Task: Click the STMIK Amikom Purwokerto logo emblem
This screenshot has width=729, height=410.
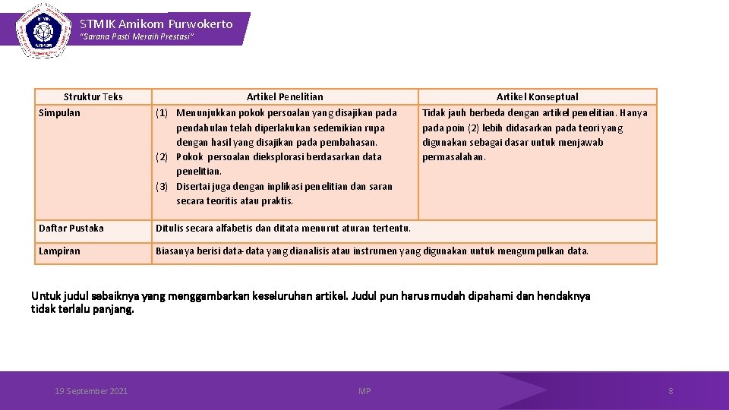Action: [x=39, y=30]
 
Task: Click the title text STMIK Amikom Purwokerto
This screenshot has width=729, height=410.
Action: [x=156, y=24]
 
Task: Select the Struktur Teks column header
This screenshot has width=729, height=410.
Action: [x=93, y=96]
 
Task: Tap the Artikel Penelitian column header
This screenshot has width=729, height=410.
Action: [x=285, y=96]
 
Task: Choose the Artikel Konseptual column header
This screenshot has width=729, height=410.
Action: [x=537, y=96]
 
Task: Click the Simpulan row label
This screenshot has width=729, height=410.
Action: [x=59, y=113]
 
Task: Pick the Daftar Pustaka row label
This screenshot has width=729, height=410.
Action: [x=71, y=229]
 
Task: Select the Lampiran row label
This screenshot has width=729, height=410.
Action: [x=59, y=251]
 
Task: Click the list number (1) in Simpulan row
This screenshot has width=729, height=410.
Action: [x=162, y=113]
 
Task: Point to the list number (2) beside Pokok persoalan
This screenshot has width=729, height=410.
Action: [x=162, y=157]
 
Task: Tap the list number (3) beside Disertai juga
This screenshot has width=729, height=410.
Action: [x=162, y=187]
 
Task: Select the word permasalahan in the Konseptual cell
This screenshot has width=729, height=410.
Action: [x=453, y=157]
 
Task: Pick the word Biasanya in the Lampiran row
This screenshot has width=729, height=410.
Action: [x=175, y=251]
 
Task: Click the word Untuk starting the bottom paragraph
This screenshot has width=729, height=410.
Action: [x=44, y=296]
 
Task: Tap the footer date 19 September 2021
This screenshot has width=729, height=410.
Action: [x=91, y=391]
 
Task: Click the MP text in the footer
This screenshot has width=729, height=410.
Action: [x=364, y=391]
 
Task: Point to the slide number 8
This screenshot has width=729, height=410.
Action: [x=671, y=391]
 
